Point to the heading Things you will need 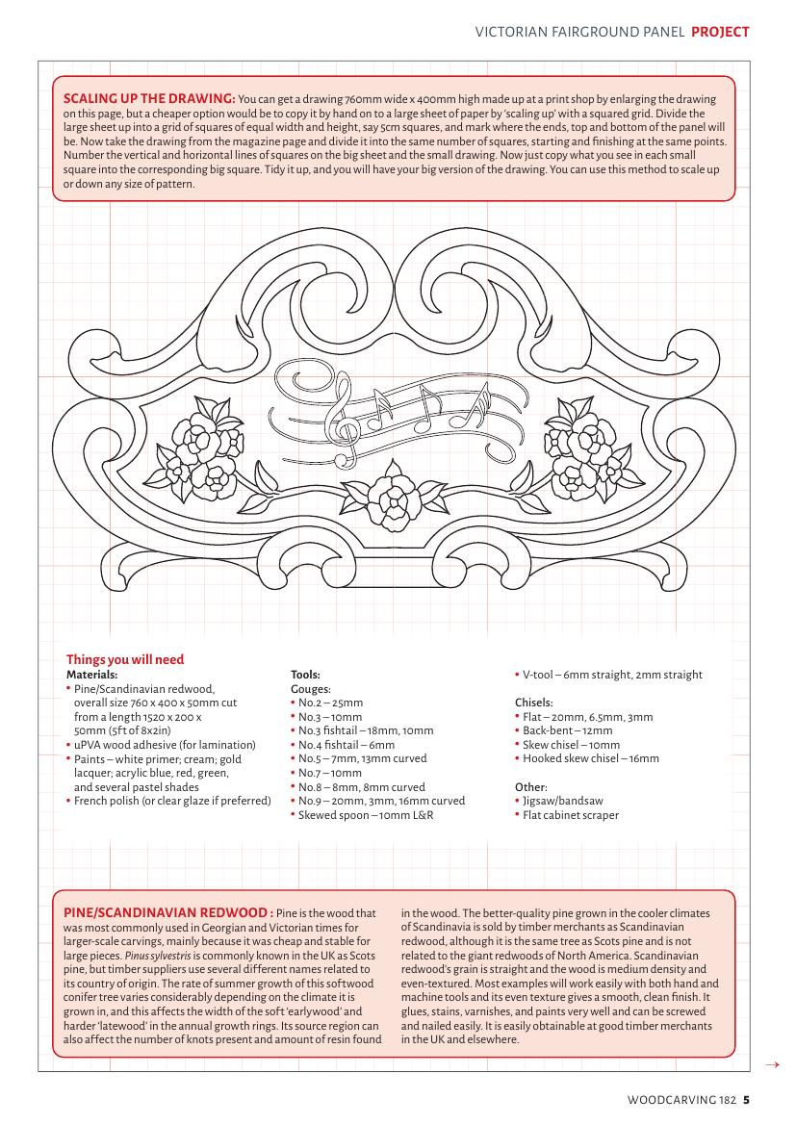pyautogui.click(x=125, y=659)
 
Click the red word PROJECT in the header pyautogui.click(x=720, y=32)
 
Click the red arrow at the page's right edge pyautogui.click(x=770, y=1064)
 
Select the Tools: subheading pyautogui.click(x=305, y=675)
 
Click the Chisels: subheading pyautogui.click(x=534, y=702)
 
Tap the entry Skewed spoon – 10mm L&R pyautogui.click(x=366, y=815)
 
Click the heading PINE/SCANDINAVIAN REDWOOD pyautogui.click(x=167, y=912)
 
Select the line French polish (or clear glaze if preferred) pyautogui.click(x=172, y=801)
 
